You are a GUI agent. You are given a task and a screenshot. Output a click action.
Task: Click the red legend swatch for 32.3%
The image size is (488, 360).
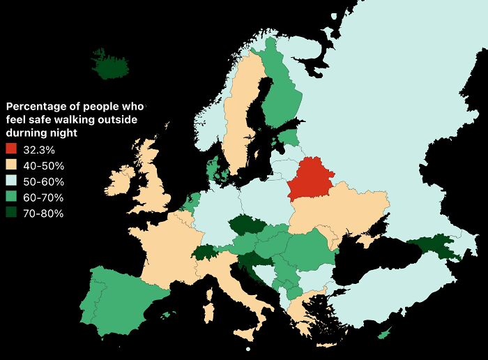tap(12, 149)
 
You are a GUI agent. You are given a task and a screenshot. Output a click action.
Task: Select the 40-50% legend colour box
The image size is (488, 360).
tap(12, 165)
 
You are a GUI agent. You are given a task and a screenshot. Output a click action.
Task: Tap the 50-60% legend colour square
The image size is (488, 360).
tap(12, 181)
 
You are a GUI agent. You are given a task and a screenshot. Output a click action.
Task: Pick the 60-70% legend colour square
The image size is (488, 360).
tap(12, 197)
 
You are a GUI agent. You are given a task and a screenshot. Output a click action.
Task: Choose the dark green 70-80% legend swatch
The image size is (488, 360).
tap(12, 213)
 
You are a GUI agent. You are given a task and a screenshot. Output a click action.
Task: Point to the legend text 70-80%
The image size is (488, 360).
tap(43, 213)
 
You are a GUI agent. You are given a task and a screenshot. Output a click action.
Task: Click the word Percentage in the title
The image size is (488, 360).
tap(35, 107)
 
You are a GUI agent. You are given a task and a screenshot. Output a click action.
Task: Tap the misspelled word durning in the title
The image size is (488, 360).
tap(26, 132)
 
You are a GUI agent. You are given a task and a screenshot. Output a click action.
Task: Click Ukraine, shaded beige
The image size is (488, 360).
tap(342, 209)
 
